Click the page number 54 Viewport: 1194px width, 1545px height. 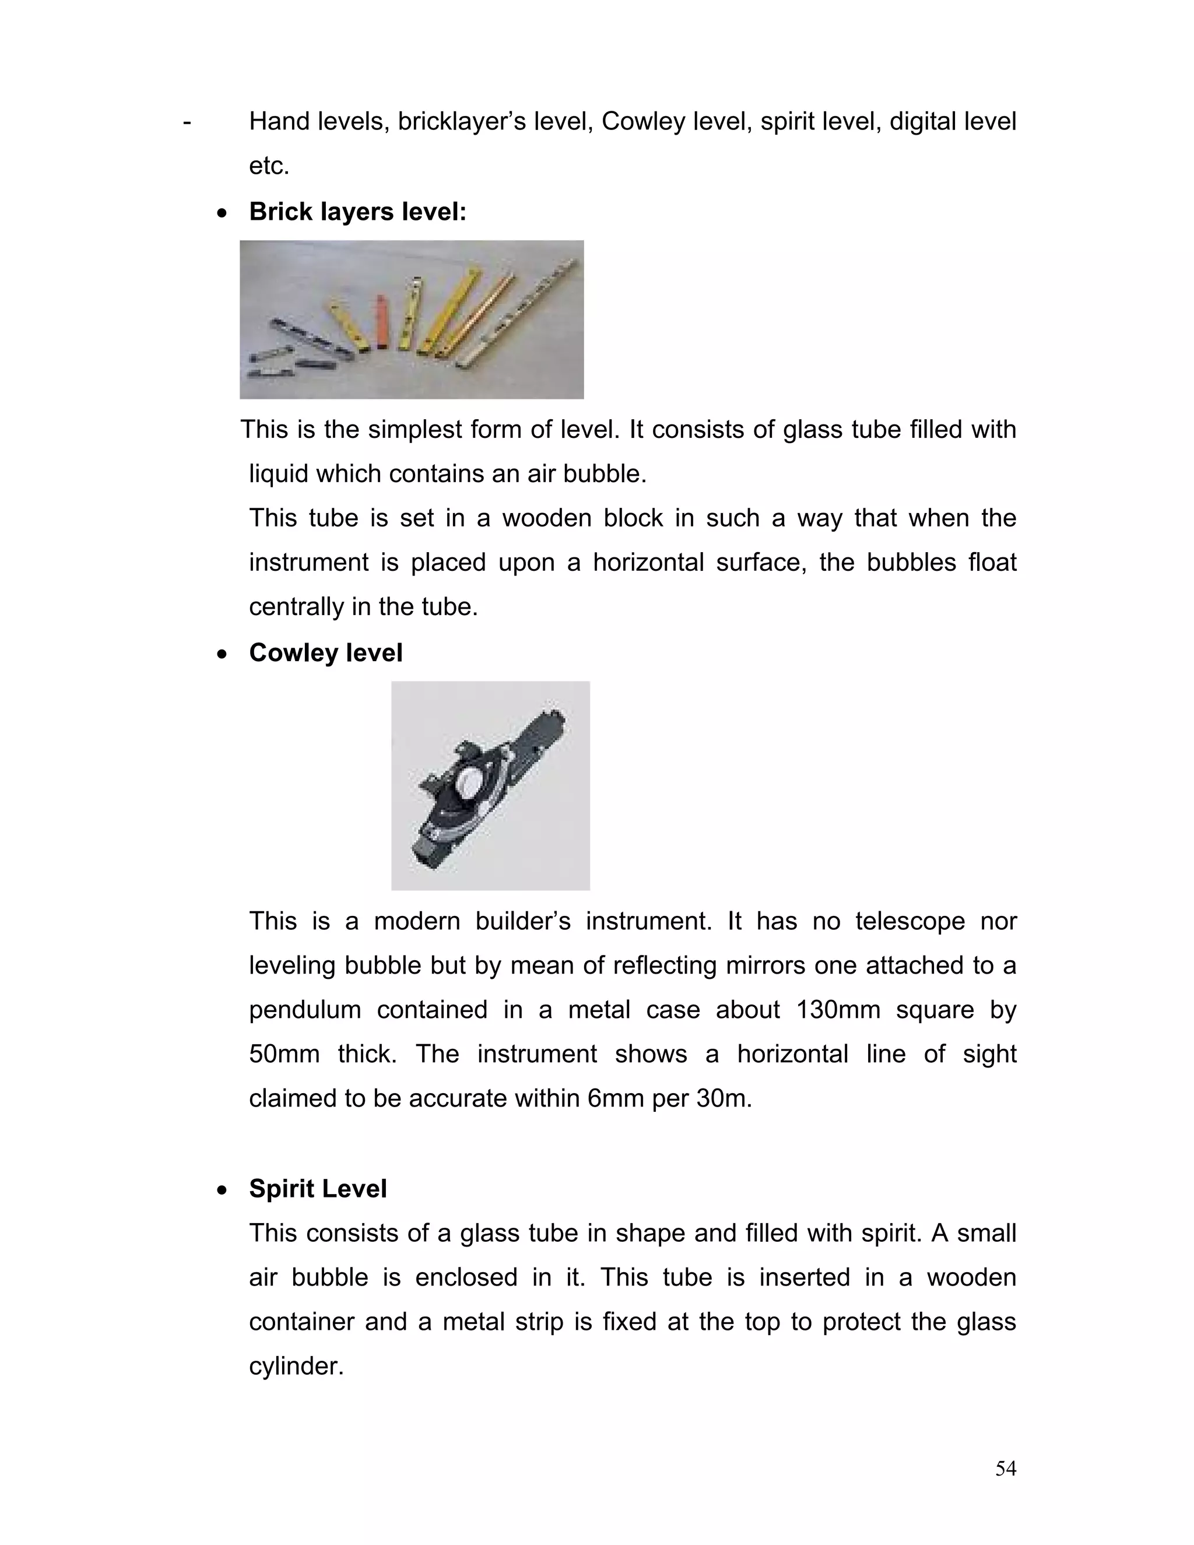coord(1005,1469)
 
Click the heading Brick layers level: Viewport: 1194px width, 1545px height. coord(357,212)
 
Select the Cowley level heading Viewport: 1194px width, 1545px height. coord(325,652)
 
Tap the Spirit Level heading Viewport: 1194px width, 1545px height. coord(318,1188)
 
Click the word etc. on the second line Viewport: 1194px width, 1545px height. coord(269,166)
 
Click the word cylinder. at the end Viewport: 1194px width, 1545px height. coord(296,1366)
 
